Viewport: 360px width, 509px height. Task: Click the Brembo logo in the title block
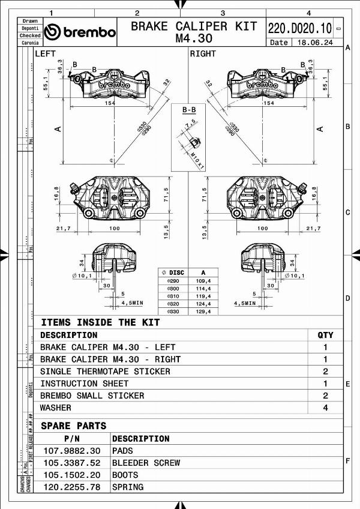tap(80, 32)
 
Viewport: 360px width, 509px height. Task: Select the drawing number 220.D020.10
tap(299, 28)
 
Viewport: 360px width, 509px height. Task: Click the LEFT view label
tap(46, 54)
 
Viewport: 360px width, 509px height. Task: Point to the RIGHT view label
tap(203, 54)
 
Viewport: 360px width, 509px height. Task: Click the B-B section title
tap(188, 110)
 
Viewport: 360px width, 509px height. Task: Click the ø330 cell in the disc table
tap(172, 312)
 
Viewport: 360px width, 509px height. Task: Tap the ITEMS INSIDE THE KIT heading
tap(100, 322)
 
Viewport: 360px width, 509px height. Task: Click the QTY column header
tap(325, 335)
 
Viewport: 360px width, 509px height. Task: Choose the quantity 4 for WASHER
tap(325, 408)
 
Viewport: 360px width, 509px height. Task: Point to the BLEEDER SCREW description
tap(146, 463)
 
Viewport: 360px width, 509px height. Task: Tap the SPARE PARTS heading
tap(73, 426)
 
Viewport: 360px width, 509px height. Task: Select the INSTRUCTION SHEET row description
tap(84, 384)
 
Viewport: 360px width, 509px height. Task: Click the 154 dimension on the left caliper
tap(109, 103)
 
